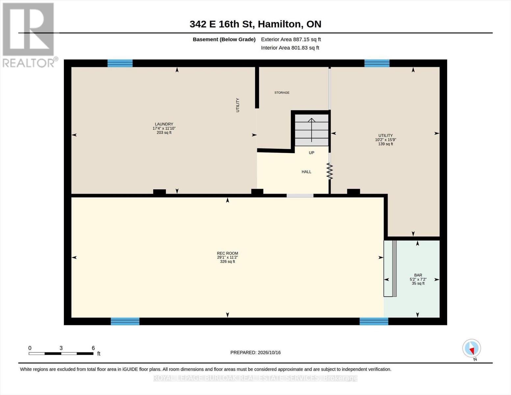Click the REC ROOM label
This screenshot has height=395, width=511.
[x=227, y=253]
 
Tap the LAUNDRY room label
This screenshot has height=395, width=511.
[x=164, y=124]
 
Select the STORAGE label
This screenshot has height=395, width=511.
[x=282, y=93]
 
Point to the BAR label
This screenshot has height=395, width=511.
[x=418, y=275]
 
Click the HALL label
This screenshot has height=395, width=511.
[x=306, y=172]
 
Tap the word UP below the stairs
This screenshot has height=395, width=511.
[x=311, y=153]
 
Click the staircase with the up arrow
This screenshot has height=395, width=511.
[x=312, y=130]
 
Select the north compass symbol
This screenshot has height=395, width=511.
[x=472, y=348]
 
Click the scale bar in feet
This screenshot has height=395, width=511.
[x=61, y=354]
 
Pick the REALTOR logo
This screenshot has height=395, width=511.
[x=29, y=35]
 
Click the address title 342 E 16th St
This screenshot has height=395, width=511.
[x=221, y=24]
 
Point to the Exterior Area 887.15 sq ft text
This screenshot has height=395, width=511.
[x=291, y=39]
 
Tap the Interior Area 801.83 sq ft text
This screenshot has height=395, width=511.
[x=290, y=48]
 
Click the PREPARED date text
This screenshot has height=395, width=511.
[x=255, y=353]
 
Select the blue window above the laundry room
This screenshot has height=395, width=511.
[x=120, y=63]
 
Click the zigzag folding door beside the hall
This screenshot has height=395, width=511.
[x=330, y=171]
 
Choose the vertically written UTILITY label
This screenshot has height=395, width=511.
[x=238, y=105]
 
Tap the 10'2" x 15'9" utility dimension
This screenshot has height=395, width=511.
[x=385, y=140]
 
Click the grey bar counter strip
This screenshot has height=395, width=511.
[x=395, y=268]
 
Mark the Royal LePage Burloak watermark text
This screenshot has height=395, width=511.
[x=255, y=378]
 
